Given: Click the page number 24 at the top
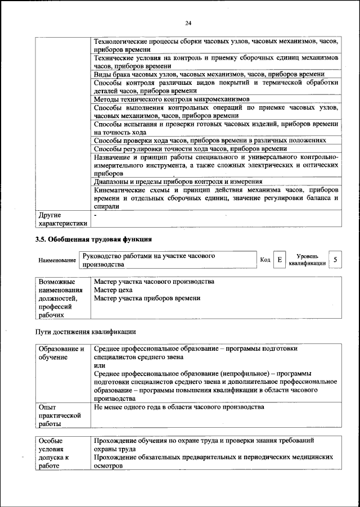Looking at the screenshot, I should (188, 23).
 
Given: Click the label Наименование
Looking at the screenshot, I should (57, 260).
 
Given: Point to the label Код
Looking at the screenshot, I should (265, 260).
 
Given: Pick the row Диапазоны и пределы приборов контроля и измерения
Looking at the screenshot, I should (178, 182).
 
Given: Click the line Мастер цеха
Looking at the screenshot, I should (113, 290).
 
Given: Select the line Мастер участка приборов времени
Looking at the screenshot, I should (147, 298).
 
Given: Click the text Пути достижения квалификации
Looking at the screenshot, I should (85, 332).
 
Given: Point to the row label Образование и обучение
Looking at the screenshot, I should (61, 353).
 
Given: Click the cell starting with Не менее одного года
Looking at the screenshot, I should (179, 406).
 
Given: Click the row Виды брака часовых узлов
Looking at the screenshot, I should (209, 74).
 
